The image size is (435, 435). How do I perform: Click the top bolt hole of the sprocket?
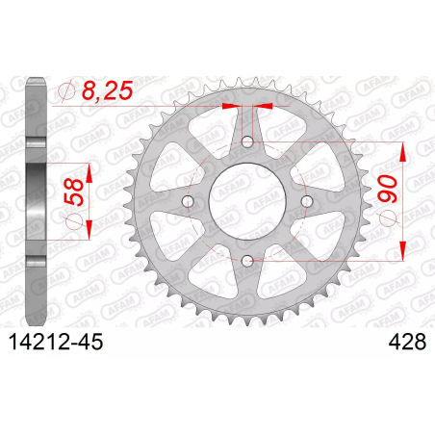click(x=247, y=141)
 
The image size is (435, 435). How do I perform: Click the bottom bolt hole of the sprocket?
click(x=247, y=261)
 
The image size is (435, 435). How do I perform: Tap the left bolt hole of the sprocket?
click(x=188, y=201)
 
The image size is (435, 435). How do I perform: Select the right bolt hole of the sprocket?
click(x=307, y=201)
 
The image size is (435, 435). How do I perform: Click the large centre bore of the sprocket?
click(x=247, y=201)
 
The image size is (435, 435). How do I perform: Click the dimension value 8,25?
click(x=107, y=90)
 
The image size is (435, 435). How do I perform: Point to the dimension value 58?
click(x=74, y=192)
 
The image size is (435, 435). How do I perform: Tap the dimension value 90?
click(x=388, y=189)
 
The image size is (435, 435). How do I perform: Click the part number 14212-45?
click(x=56, y=342)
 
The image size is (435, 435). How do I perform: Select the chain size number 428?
click(x=407, y=342)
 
